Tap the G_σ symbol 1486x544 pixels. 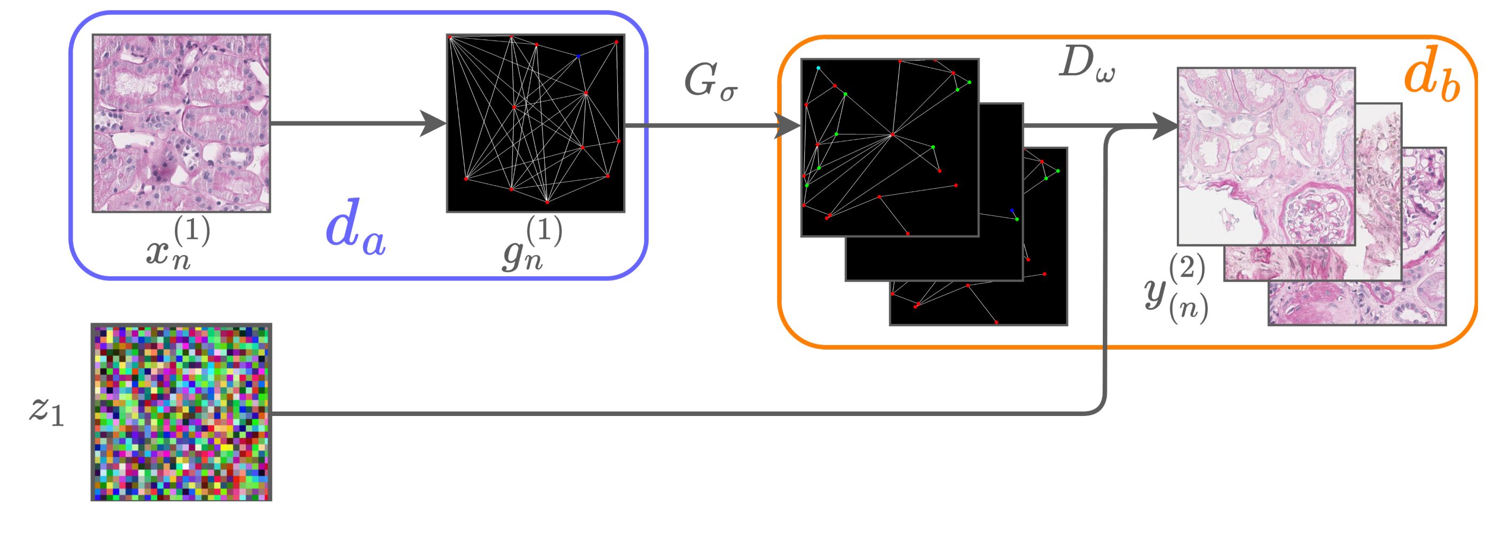(710, 83)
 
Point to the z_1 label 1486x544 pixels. (46, 411)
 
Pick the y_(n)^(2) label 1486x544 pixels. (1177, 289)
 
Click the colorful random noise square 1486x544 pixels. (181, 412)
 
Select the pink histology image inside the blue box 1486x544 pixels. (181, 123)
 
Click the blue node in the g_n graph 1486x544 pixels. (578, 57)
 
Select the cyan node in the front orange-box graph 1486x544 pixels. (818, 68)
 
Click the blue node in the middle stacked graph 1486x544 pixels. (1012, 210)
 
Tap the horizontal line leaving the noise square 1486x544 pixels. (635, 413)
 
